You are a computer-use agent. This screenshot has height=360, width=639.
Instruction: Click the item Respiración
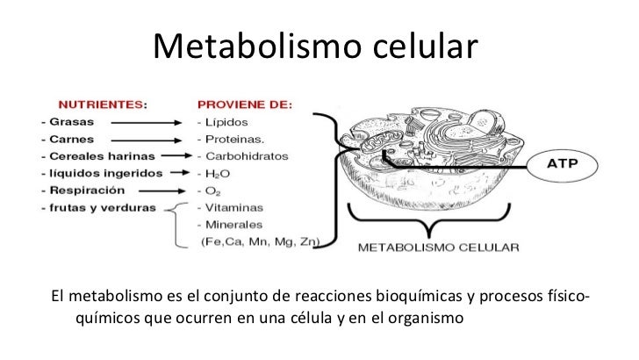(x=84, y=190)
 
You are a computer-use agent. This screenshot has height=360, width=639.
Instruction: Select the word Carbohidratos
(x=242, y=156)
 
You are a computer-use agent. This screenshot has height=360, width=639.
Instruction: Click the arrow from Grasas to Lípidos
(x=153, y=122)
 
